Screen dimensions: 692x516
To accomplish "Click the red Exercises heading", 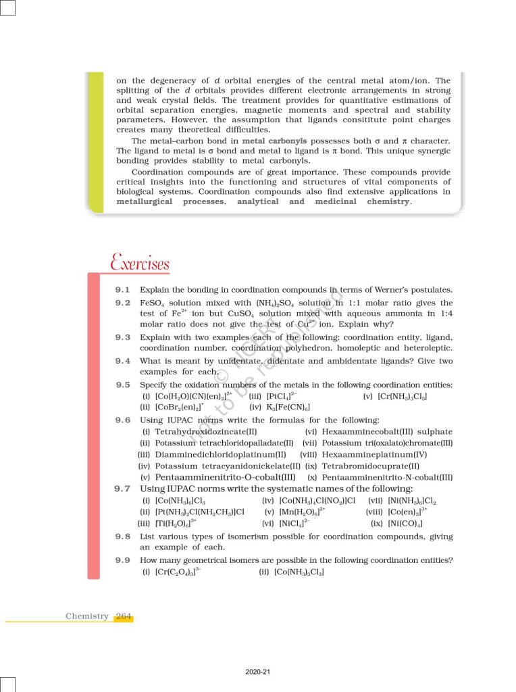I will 140,262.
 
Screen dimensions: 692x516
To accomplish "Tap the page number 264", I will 124,616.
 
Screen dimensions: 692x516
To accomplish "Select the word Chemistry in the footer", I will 87,616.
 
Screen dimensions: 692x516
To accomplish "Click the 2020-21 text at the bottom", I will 258,672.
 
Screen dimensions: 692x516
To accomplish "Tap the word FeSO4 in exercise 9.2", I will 153,303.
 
